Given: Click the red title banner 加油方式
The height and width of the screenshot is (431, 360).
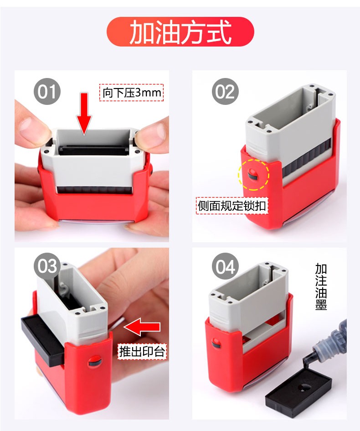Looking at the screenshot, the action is coord(180,31).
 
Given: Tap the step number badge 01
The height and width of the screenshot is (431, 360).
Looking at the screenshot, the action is coord(47,92).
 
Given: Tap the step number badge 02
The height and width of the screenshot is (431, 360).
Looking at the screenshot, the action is coord(225,92).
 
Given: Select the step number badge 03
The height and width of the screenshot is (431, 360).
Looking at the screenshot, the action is coord(47,266).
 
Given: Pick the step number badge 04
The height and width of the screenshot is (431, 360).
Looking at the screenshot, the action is coord(225,266).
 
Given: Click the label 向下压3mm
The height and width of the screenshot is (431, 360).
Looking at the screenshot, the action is coord(131,93).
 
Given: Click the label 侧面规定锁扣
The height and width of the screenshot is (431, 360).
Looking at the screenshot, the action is coord(232,206).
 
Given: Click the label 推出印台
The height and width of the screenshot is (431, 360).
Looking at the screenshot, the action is coord(142,351).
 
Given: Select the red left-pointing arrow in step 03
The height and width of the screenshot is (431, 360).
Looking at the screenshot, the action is coord(142,327).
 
